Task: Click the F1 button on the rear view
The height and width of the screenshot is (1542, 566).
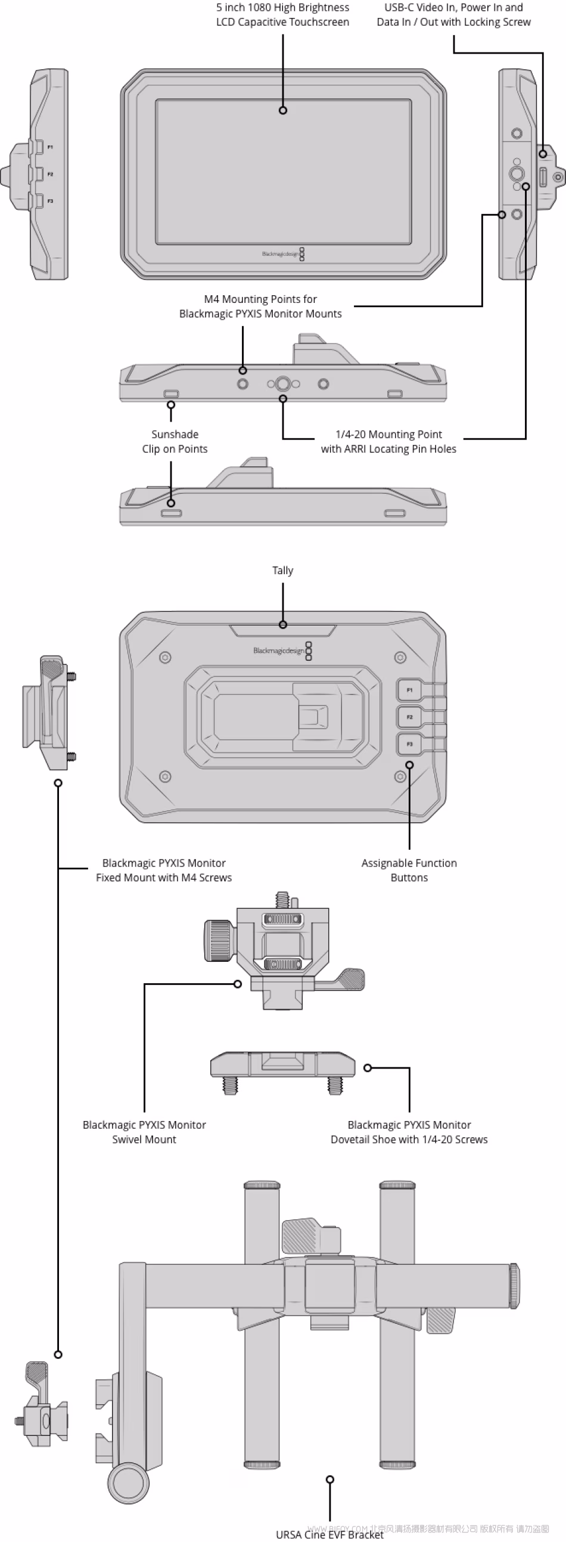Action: [410, 690]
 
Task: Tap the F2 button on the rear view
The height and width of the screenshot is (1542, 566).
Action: [410, 717]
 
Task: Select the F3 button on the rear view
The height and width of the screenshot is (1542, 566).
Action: [410, 744]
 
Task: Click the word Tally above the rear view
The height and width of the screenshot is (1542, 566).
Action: [282, 571]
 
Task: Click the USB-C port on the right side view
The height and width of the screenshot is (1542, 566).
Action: [543, 177]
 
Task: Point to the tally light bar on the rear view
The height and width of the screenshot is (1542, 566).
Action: [282, 630]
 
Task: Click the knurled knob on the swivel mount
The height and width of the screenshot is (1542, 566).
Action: [219, 941]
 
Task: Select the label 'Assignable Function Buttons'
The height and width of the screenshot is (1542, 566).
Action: [409, 871]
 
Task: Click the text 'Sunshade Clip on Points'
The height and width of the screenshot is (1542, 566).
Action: [175, 442]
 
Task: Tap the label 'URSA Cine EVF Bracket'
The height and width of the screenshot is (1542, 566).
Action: [329, 1534]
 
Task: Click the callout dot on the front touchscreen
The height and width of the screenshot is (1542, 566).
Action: [283, 110]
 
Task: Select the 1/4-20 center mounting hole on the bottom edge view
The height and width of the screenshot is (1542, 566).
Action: [283, 383]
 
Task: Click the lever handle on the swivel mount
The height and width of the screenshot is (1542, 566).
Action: [350, 979]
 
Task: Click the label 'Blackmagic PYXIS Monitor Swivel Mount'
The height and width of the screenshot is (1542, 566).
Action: [144, 1132]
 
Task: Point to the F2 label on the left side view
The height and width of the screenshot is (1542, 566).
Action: [50, 174]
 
